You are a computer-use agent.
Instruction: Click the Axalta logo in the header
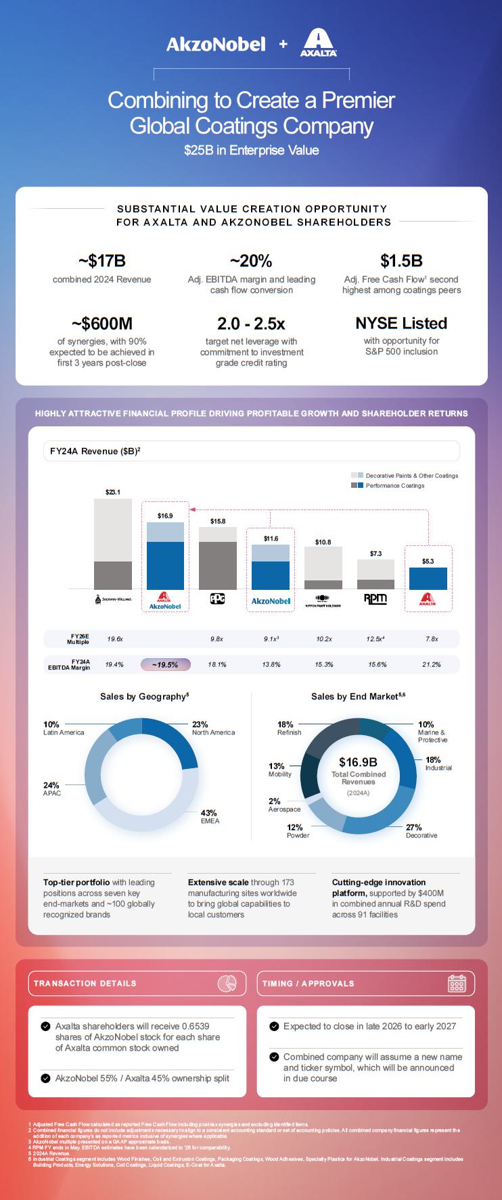coord(318,43)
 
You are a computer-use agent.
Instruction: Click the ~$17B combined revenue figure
coord(102,261)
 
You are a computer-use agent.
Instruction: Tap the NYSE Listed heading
coord(401,323)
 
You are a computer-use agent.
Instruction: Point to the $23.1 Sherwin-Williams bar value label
coord(113,492)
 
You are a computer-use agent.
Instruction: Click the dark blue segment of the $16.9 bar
coord(165,565)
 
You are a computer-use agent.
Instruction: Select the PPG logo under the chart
coord(217,599)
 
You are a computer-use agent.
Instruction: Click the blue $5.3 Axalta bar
coord(428,578)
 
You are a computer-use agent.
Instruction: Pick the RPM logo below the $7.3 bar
coord(375,599)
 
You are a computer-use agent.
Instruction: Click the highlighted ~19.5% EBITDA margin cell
coord(165,665)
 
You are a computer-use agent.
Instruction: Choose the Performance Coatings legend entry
coord(394,486)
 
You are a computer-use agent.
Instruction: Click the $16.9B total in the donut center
coord(358,762)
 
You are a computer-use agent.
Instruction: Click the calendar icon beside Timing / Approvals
coord(457,984)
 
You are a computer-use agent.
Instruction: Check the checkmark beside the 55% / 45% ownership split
coord(45,1078)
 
